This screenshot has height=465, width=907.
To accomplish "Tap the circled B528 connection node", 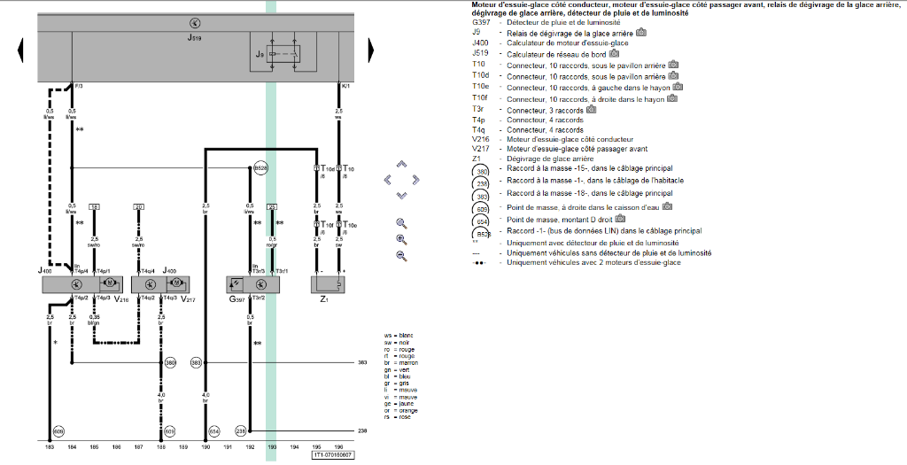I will pos(260,167).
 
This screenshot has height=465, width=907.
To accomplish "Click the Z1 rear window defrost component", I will pos(328,284).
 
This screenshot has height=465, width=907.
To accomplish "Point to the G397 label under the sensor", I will pos(235,299).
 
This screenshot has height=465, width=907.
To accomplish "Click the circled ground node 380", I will pos(170,362).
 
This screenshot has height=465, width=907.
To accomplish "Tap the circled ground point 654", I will pos(213,430).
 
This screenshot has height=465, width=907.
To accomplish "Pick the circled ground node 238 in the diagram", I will pos(240,430).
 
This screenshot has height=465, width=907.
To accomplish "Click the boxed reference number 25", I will pos(273,205).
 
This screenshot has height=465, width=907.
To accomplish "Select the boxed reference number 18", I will pos(95,205).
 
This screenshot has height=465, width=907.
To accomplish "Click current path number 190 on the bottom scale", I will pos(205,447).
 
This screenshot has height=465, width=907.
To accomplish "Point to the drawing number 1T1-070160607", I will pos(332,455).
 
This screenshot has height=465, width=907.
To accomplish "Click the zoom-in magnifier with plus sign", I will pos(401,239).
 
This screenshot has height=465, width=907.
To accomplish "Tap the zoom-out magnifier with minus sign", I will pos(401,256).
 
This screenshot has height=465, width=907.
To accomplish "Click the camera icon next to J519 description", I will pos(616,53).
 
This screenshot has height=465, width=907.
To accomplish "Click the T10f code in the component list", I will pos(479,99).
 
